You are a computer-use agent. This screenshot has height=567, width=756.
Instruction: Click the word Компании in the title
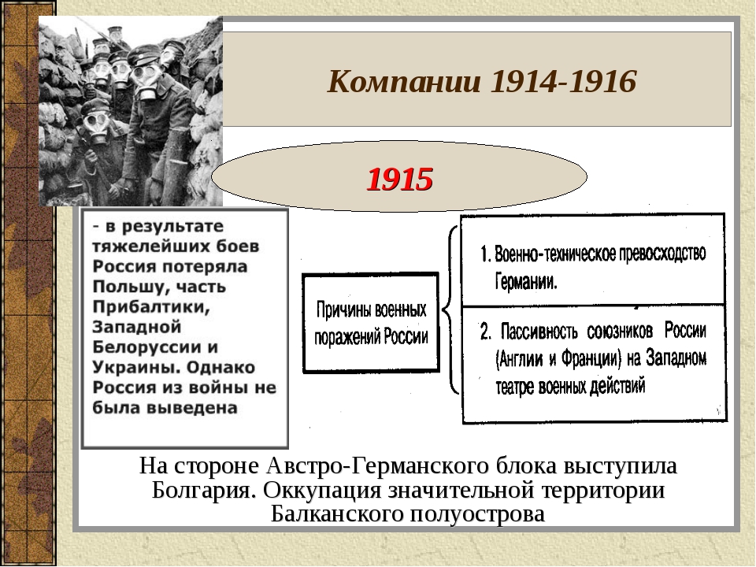[x=404, y=81]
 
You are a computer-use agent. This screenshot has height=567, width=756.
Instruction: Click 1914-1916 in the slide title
[x=563, y=81]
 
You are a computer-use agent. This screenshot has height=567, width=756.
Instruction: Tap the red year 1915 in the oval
[x=400, y=180]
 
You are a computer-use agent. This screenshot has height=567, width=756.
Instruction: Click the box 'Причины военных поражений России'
[x=371, y=323]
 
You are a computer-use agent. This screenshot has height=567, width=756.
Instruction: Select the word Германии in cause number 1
[x=526, y=281]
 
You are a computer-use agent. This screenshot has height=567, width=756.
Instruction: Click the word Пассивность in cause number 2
[x=539, y=332]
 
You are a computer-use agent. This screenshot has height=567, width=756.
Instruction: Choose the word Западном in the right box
[x=676, y=358]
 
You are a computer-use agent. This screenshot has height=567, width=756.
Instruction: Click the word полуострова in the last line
[x=478, y=514]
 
